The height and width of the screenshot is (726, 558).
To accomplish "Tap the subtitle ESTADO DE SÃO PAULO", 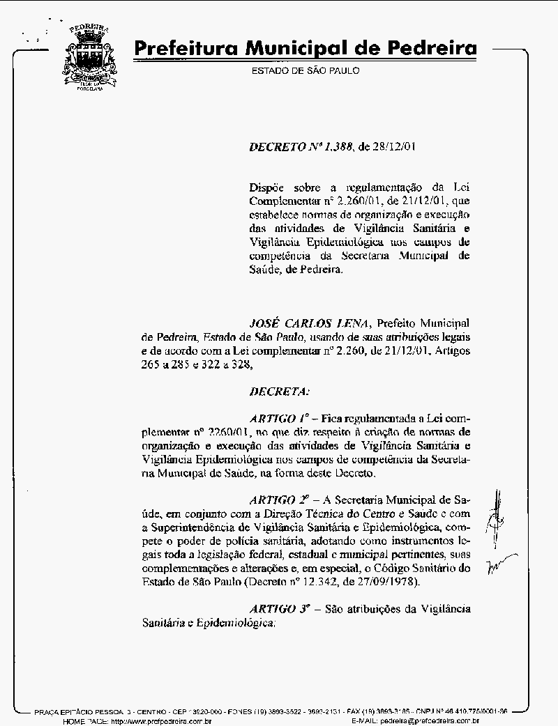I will coord(306,70).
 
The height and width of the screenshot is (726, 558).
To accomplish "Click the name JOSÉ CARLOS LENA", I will coord(310,323).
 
